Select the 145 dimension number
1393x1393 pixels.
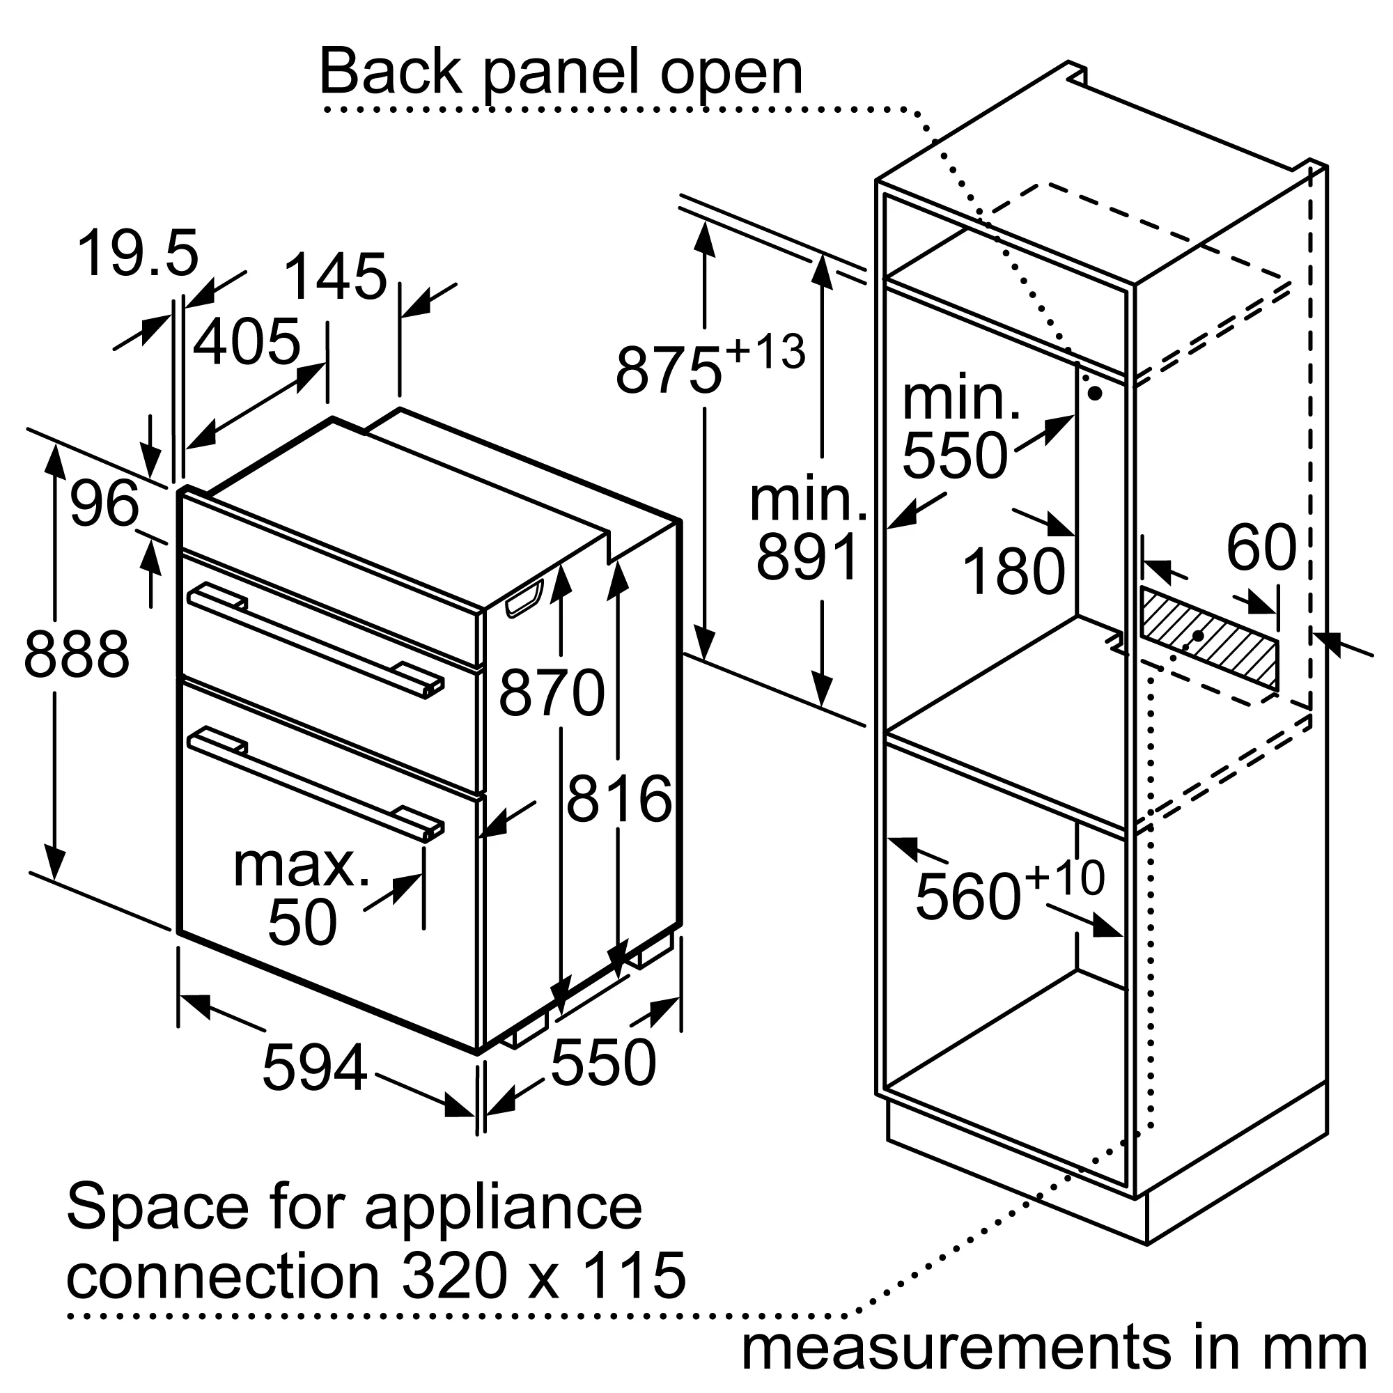tap(335, 277)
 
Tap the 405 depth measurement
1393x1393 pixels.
tap(247, 341)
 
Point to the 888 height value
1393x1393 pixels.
tap(77, 655)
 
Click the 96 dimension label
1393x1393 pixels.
tap(104, 504)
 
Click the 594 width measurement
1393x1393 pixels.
tap(315, 1068)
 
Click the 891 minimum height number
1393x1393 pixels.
tap(807, 557)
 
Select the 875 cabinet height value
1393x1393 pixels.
tap(669, 371)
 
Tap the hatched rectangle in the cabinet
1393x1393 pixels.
tap(1208, 639)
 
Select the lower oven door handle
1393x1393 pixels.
tap(315, 784)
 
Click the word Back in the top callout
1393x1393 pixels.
tap(390, 73)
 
